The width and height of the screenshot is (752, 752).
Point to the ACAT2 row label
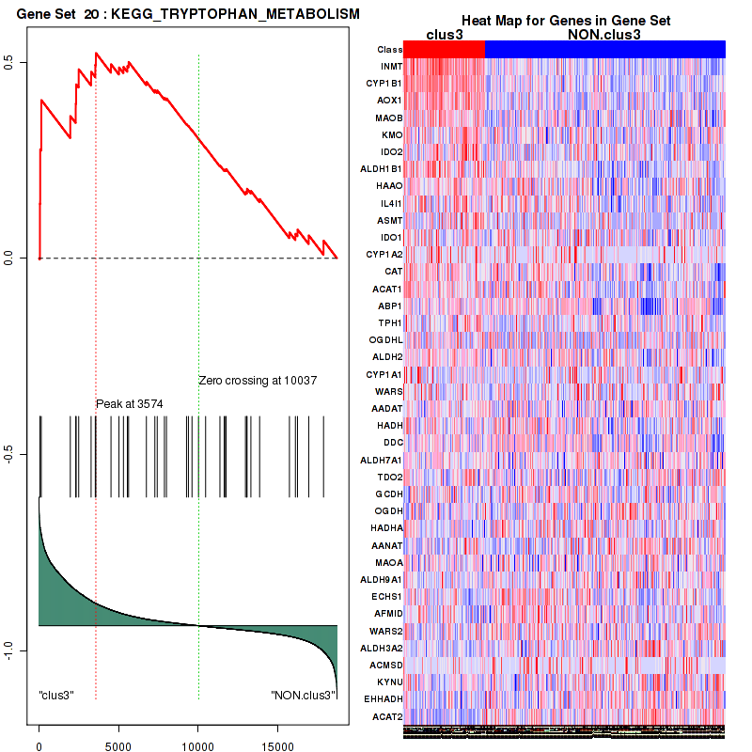coord(388,716)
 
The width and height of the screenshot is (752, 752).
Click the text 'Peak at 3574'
coord(130,404)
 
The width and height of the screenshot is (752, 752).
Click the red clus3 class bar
coord(444,49)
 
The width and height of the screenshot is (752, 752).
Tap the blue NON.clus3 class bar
coord(604,49)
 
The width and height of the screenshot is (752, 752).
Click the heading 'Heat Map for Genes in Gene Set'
coord(565,21)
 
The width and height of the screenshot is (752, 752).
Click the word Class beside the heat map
coord(389,49)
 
